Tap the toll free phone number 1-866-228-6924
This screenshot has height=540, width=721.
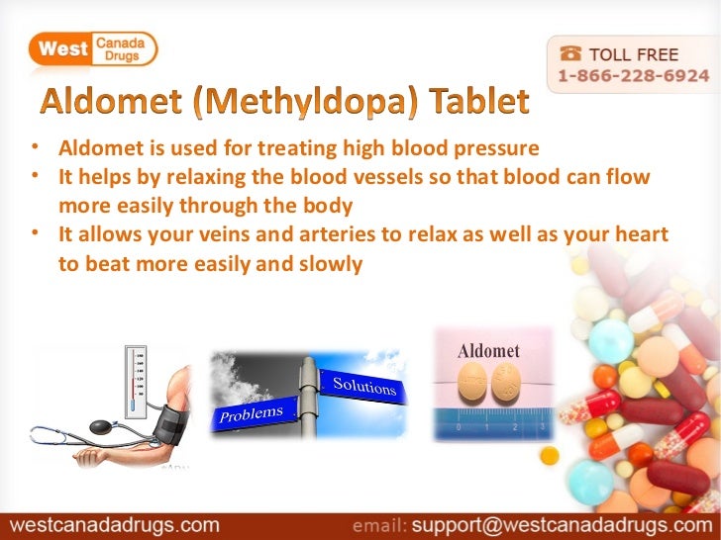[633, 75]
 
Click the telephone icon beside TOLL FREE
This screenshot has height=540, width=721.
[573, 53]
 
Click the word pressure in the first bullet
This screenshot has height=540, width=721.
[496, 149]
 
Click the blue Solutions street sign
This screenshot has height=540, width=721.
[365, 385]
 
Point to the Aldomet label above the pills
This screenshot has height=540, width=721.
[488, 351]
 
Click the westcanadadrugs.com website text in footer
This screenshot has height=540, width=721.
[114, 522]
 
